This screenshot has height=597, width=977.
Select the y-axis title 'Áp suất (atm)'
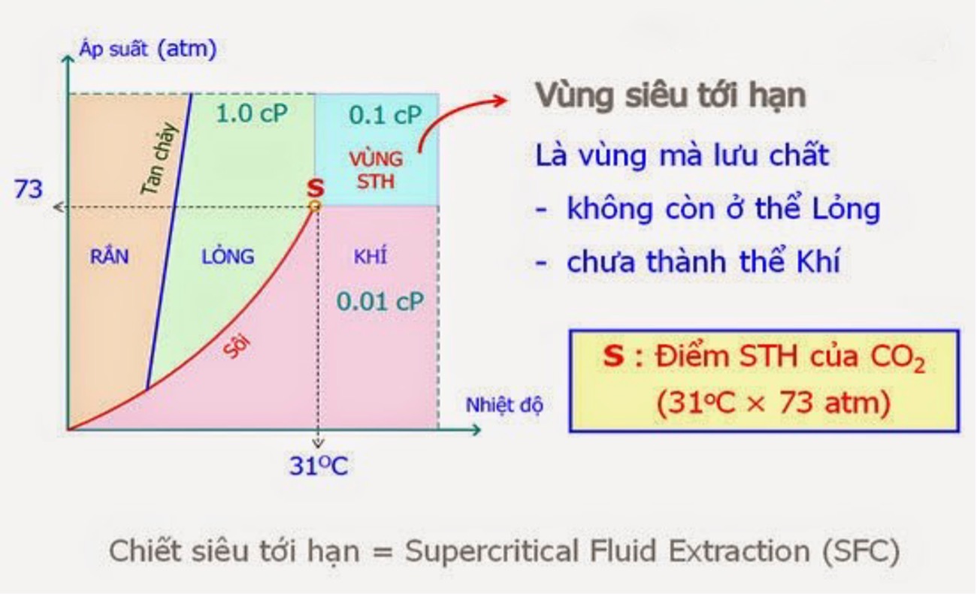point(148,48)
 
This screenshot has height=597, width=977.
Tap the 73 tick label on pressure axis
point(29,189)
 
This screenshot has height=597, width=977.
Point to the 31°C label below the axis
point(319,465)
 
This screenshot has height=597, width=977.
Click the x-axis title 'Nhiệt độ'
point(504,405)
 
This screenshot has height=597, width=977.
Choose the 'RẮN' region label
point(109,256)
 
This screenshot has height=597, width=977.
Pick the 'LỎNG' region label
point(228,256)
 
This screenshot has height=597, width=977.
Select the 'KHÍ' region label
point(371,256)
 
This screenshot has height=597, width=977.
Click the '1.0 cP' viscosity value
point(252,113)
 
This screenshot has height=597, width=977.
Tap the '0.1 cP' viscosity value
point(386,116)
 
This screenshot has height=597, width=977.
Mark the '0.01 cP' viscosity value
point(380,302)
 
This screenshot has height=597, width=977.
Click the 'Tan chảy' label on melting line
point(159,159)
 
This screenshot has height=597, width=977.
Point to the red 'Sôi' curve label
point(237,346)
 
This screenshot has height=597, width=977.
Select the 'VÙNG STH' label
point(376,170)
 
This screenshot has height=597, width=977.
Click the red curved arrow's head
point(501,101)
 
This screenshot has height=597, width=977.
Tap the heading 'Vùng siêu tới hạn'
point(671,95)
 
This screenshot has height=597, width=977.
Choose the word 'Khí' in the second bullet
point(818,261)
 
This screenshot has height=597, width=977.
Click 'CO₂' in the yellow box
point(897,359)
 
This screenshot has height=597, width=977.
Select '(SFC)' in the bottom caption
point(861,551)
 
